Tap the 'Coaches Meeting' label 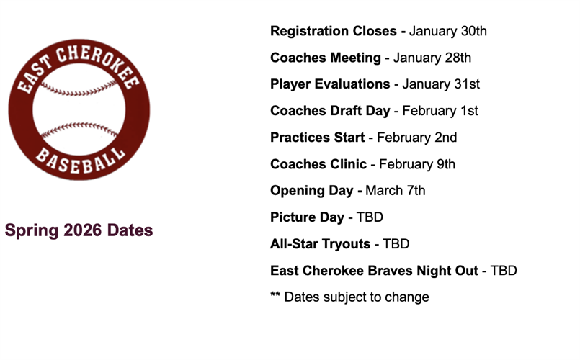click(325, 58)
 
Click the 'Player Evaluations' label click(330, 84)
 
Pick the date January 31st click(441, 84)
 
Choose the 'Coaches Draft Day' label click(330, 111)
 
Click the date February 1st click(440, 111)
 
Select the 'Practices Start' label click(317, 138)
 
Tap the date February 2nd click(417, 138)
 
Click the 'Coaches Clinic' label click(318, 164)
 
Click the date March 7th click(396, 191)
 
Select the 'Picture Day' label click(307, 217)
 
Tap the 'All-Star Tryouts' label click(319, 244)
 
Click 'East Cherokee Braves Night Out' click(374, 271)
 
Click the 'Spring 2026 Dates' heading click(79, 230)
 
